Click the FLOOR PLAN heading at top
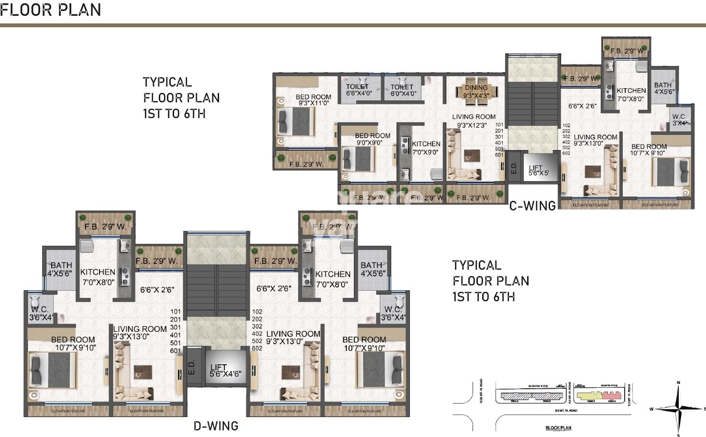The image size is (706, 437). coord(51,10)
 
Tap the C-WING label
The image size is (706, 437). coord(532,206)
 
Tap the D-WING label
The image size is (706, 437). coord(216,426)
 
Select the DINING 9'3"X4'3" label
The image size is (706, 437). coord(476,91)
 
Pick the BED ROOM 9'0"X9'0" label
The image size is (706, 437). coord(373,139)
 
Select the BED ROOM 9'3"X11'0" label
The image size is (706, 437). coord(313,100)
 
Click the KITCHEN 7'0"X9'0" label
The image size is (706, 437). coord(426,148)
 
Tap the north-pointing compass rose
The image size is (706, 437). coord(678,409)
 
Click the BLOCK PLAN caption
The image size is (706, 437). coord(558,428)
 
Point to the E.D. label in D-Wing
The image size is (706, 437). coord(192,367)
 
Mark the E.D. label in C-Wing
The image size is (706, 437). coord(514,168)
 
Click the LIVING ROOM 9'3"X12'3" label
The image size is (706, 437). coord(473,120)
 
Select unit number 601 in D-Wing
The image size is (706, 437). coord(176,350)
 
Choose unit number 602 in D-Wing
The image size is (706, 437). coord(257,348)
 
